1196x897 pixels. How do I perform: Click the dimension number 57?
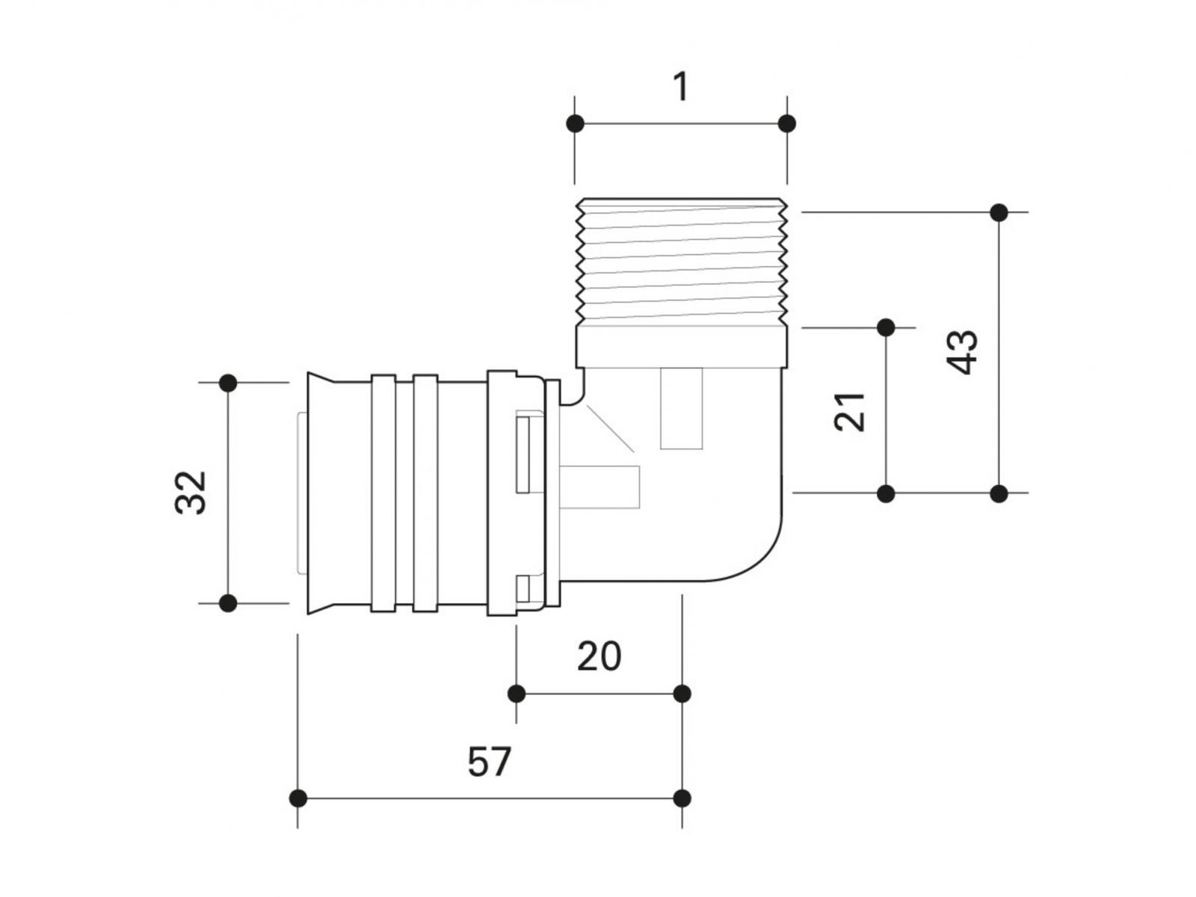tap(490, 762)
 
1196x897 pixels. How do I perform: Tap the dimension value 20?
tap(599, 657)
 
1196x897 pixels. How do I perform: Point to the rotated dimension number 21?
tap(850, 411)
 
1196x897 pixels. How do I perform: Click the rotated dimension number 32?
tap(191, 492)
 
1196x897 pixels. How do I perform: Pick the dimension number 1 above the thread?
tap(680, 87)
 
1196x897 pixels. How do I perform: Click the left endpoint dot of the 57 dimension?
tap(298, 798)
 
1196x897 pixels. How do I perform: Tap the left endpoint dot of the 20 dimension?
tap(517, 694)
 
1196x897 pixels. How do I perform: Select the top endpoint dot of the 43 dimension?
tap(999, 212)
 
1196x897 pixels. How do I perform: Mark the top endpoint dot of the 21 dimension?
tap(886, 327)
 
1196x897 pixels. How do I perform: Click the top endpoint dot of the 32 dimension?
tap(229, 383)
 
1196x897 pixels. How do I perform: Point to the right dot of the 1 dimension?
tap(786, 123)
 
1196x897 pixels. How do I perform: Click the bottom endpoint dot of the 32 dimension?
tap(229, 602)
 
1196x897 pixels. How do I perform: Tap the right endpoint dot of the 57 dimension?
tap(682, 798)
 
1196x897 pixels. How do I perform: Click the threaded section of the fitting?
tap(682, 262)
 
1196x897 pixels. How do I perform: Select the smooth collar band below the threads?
tap(682, 345)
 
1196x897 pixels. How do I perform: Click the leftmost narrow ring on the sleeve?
tap(383, 493)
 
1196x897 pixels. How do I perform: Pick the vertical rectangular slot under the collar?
tap(682, 410)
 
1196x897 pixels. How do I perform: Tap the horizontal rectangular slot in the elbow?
tap(602, 487)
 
